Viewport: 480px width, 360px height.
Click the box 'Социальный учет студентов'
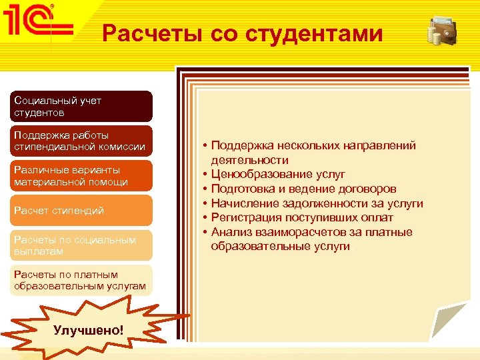click(82, 107)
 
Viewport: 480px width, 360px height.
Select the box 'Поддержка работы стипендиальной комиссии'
click(82, 141)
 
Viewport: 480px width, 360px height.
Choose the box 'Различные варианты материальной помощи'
click(82, 176)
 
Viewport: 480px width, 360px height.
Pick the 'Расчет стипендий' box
click(82, 211)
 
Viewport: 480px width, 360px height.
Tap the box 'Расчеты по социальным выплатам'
click(82, 245)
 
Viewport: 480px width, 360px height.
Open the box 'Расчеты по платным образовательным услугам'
click(82, 280)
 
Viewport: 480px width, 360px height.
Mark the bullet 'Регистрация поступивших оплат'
click(302, 218)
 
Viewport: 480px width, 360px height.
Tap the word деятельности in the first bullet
click(250, 160)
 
